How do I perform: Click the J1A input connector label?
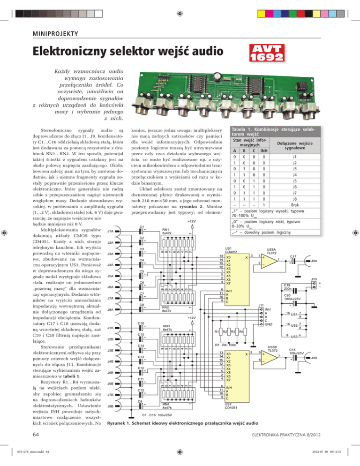pos(112,231)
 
